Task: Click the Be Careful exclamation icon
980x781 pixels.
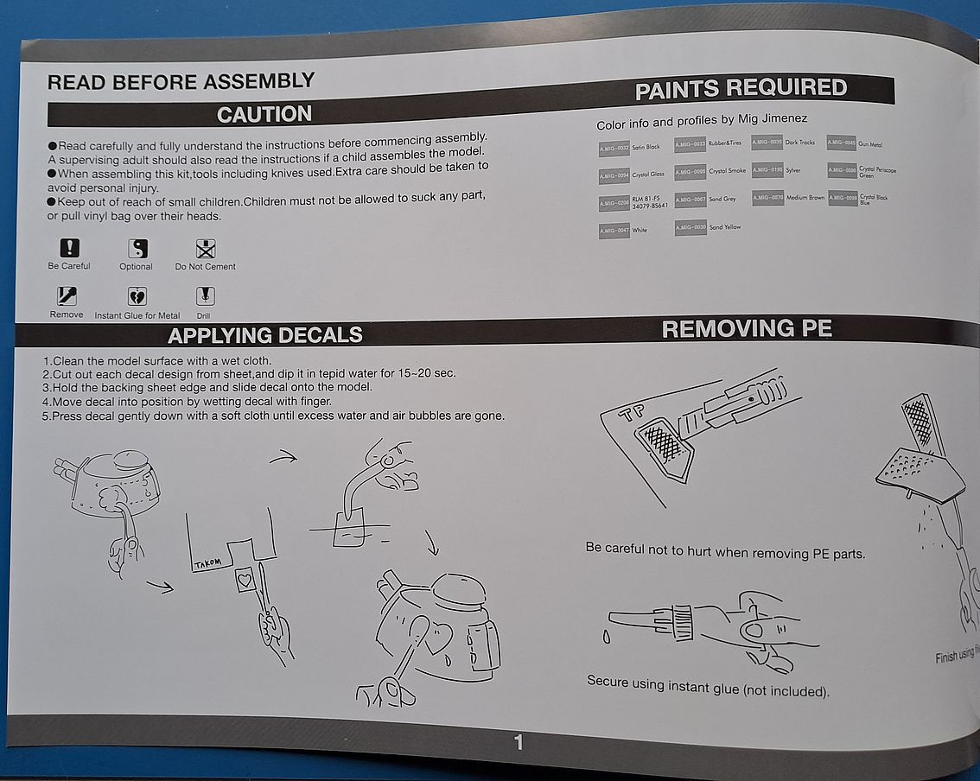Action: (x=69, y=249)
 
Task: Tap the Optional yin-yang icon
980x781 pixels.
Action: (x=137, y=249)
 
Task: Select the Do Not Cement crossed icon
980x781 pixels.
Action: (x=205, y=249)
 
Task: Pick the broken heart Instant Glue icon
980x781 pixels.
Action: (x=137, y=296)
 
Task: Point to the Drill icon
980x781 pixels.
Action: (x=205, y=296)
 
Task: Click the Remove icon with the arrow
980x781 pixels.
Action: (x=67, y=296)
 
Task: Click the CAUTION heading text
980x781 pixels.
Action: (x=264, y=114)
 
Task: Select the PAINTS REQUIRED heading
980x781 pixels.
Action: (x=741, y=89)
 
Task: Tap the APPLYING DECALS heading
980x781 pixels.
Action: (x=264, y=335)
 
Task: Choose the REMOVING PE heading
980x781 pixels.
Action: (x=746, y=328)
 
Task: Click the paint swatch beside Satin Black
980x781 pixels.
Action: (x=614, y=148)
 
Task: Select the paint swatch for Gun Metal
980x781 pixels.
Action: (x=842, y=143)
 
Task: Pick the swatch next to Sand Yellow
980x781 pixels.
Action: (x=690, y=227)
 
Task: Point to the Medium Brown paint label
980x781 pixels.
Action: (x=805, y=198)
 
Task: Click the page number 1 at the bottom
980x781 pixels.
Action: (x=519, y=741)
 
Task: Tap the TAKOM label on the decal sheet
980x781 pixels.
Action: (x=208, y=564)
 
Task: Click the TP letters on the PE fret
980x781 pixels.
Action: (x=630, y=413)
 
